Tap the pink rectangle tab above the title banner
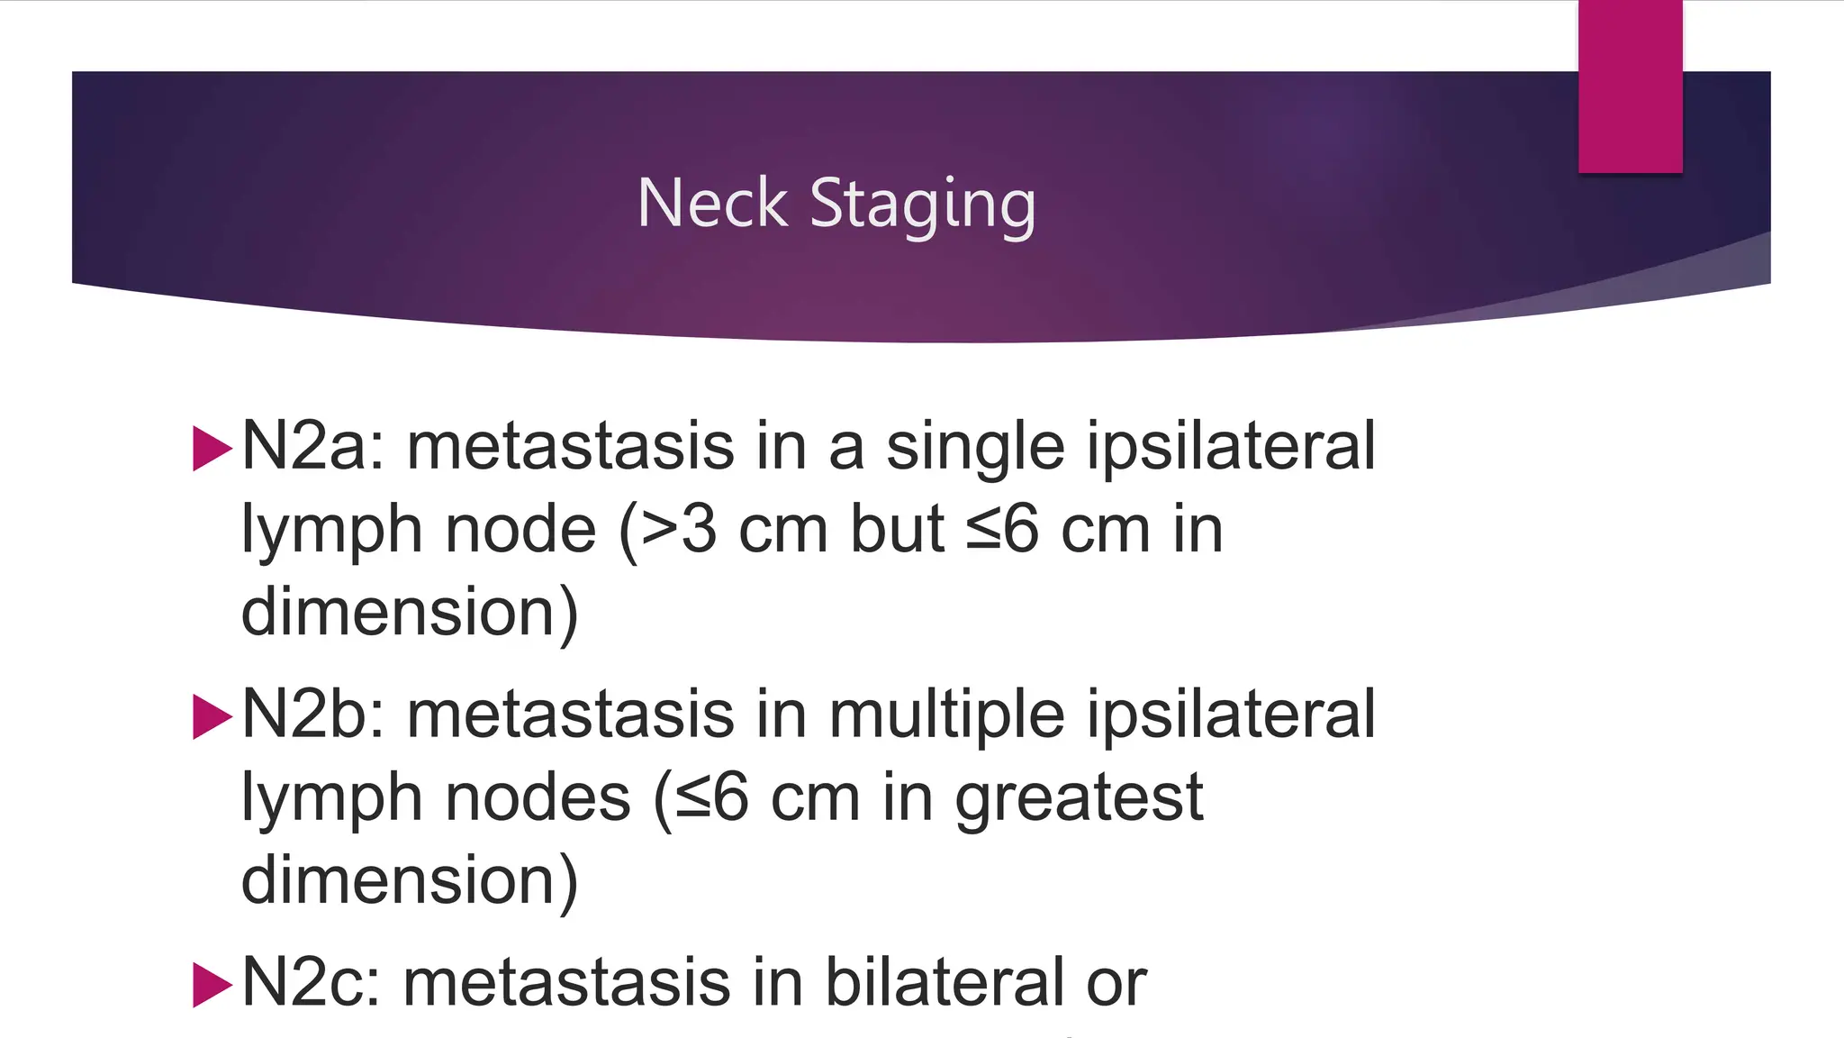[x=1630, y=86]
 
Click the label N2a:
[x=313, y=446]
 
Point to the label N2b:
[x=313, y=715]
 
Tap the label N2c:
[x=312, y=982]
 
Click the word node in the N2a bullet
[x=520, y=530]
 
